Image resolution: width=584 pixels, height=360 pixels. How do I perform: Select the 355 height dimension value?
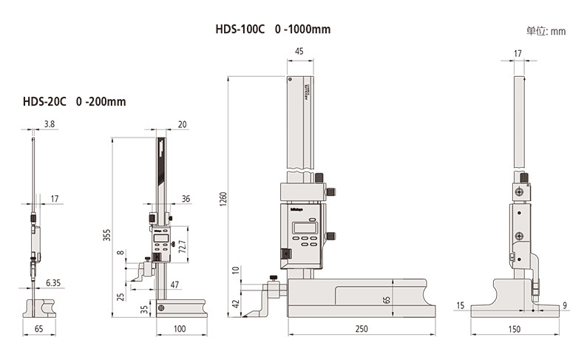(x=106, y=236)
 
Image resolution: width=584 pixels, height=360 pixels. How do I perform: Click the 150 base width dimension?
(x=515, y=329)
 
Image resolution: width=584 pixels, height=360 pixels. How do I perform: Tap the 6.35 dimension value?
(x=52, y=282)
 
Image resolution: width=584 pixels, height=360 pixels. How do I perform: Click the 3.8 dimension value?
(x=50, y=123)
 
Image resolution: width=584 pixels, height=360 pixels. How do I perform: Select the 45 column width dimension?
(x=299, y=51)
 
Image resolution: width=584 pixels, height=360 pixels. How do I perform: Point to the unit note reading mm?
(x=546, y=31)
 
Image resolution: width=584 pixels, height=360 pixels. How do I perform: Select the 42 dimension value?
(x=236, y=304)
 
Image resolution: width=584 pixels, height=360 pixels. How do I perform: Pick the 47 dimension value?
(x=174, y=283)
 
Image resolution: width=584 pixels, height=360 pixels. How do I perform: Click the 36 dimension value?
(x=186, y=198)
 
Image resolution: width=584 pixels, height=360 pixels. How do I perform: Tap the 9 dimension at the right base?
(x=564, y=305)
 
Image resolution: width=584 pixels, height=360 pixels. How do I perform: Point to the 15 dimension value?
(x=461, y=305)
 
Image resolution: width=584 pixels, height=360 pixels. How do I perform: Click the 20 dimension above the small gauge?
(x=183, y=124)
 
